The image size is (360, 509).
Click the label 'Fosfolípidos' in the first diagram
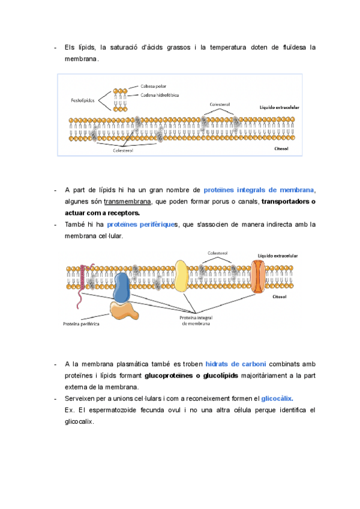84,100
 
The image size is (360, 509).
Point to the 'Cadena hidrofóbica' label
160,95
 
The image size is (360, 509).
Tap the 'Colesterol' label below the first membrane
123,151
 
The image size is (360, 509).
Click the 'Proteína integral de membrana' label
197,321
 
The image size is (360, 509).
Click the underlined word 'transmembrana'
127,202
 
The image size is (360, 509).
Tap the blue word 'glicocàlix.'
277,398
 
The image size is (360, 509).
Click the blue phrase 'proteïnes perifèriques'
141,224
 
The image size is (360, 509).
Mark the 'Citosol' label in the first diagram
281,148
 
